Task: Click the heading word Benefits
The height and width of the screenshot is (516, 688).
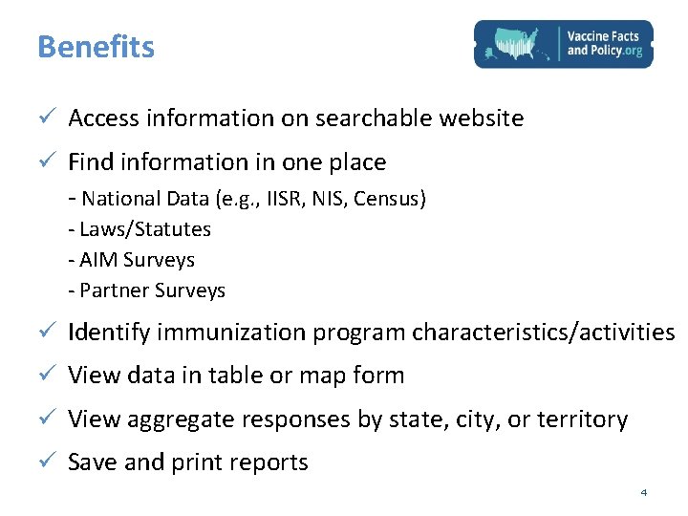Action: tap(96, 47)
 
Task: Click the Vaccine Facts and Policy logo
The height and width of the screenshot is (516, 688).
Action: tap(564, 44)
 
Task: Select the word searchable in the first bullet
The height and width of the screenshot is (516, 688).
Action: tap(374, 118)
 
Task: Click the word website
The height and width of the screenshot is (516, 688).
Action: tap(481, 118)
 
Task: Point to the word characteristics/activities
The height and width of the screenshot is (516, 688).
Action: tap(543, 333)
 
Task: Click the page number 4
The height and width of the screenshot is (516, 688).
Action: tap(643, 492)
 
